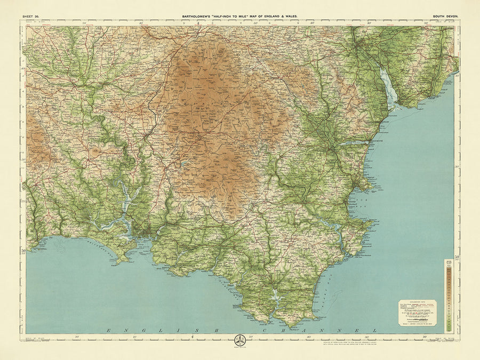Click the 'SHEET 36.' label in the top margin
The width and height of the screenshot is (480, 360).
pyautogui.click(x=31, y=17)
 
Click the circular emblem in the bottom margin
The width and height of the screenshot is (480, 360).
pyautogui.click(x=239, y=340)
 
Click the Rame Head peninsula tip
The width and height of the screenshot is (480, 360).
pyautogui.click(x=122, y=261)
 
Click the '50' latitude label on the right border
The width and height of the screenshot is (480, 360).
pyautogui.click(x=457, y=257)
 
